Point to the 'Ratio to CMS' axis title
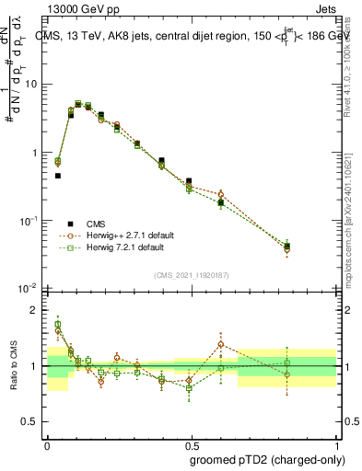[14, 366]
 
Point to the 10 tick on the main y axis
[31, 84]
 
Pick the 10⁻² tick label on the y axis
[29, 289]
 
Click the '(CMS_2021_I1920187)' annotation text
[191, 274]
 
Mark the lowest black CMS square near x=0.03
[57, 175]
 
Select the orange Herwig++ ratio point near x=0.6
[221, 344]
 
